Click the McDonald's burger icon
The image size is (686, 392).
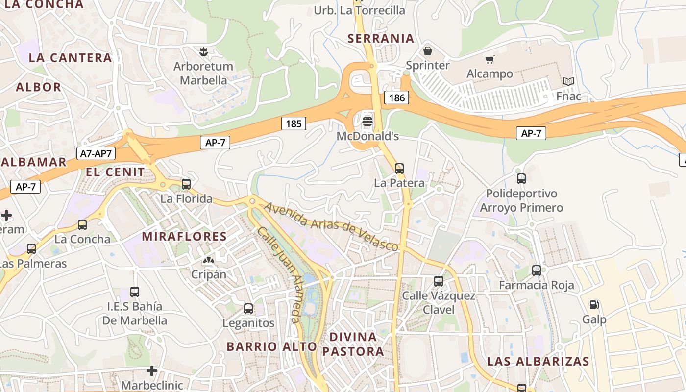tap(368, 121)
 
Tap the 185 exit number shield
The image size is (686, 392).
tap(294, 123)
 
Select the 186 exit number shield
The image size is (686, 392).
tap(396, 98)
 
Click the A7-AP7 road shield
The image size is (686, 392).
tap(97, 153)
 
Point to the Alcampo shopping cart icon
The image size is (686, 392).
tap(490, 60)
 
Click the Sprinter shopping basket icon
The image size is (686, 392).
tap(428, 51)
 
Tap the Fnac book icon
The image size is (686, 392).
tap(568, 81)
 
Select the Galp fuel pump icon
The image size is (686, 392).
tap(594, 305)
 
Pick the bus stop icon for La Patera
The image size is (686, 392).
tap(399, 169)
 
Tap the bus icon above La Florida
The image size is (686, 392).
tap(186, 184)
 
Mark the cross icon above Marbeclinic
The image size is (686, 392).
tap(152, 371)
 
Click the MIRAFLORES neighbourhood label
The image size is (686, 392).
tap(184, 236)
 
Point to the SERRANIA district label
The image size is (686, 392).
tap(381, 38)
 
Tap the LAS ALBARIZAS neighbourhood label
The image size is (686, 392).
tap(538, 362)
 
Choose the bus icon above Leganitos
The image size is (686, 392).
tap(248, 309)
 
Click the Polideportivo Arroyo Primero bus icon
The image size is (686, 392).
tap(521, 179)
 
